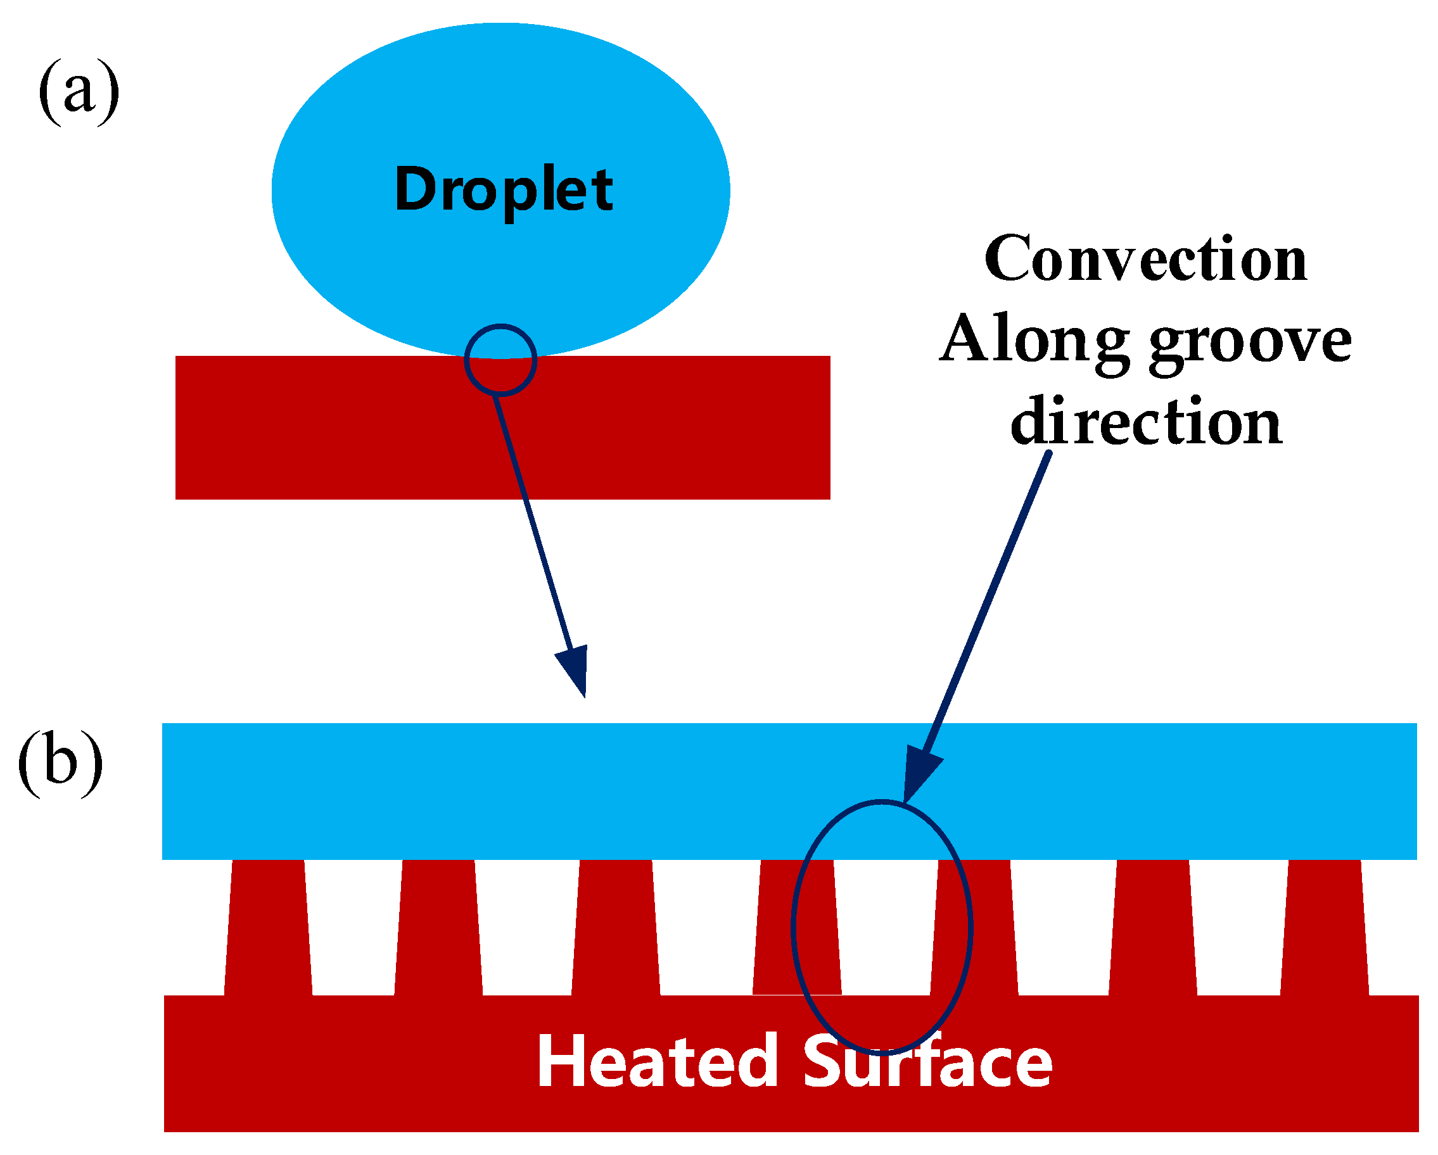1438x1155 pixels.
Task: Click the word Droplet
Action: click(504, 190)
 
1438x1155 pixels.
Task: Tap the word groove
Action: click(1250, 341)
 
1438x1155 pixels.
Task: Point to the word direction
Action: click(1146, 422)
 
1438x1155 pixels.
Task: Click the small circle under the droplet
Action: click(500, 360)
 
